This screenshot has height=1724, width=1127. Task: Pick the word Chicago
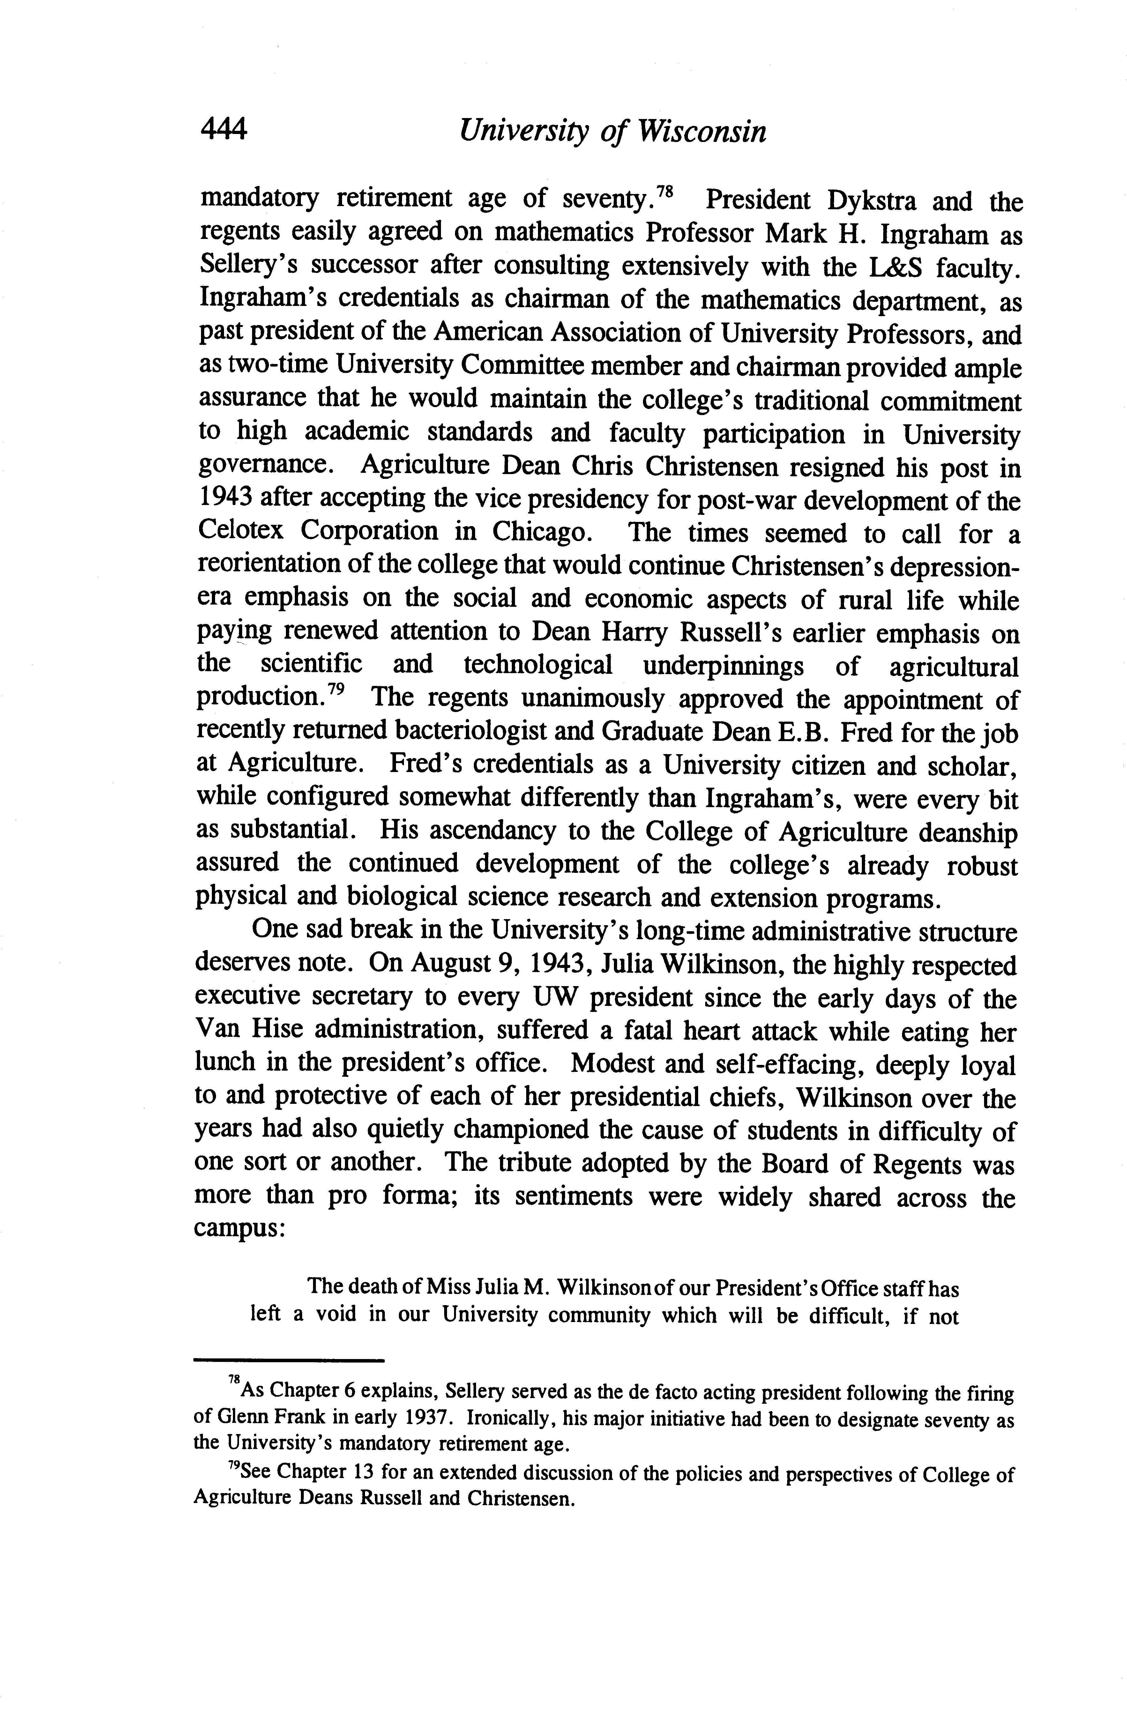(540, 532)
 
